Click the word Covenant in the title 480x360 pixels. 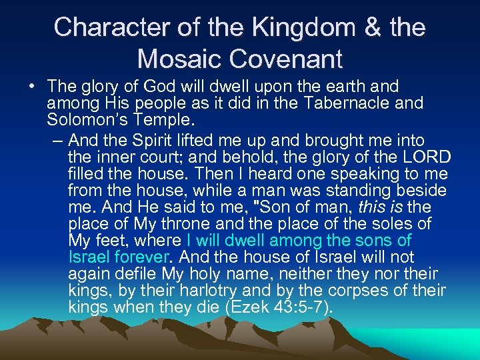pyautogui.click(x=287, y=59)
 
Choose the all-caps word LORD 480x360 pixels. pyautogui.click(x=426, y=157)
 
